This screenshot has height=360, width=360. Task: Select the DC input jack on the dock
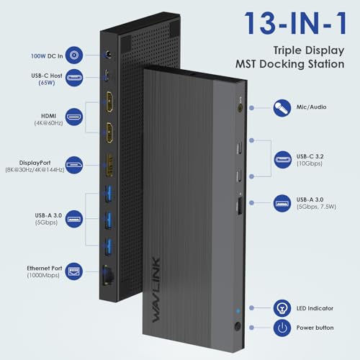tap(110, 53)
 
